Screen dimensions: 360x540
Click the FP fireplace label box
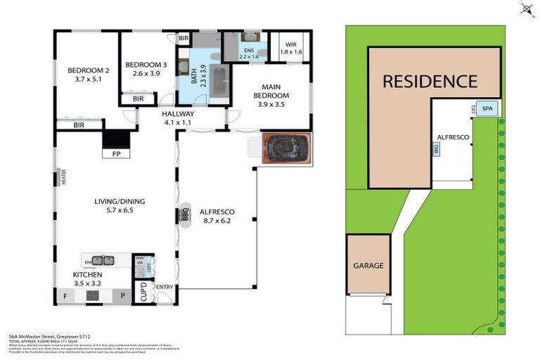[115, 153]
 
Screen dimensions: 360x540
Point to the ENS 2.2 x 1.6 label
[250, 53]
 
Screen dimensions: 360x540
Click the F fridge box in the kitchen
[65, 296]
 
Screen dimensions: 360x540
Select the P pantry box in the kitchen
[122, 296]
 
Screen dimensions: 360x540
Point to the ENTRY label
[165, 287]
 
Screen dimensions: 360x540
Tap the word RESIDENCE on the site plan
[430, 81]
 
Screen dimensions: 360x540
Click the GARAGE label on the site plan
[368, 266]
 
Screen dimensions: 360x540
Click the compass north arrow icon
[526, 9]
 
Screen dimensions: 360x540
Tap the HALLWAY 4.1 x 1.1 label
[178, 117]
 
